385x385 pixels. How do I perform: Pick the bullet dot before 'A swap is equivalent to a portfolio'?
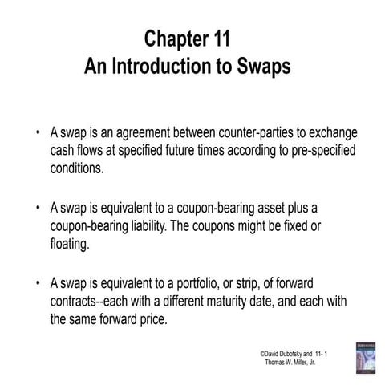pyautogui.click(x=38, y=282)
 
